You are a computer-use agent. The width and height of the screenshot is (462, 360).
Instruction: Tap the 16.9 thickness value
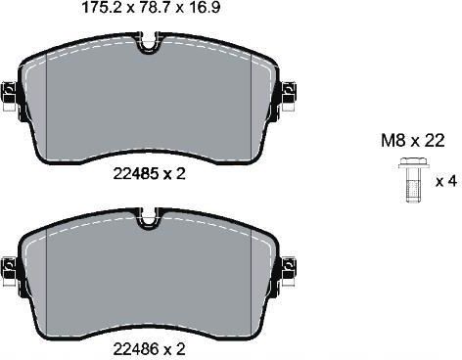tap(203, 8)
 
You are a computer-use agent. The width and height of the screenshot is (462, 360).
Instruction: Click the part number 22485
tap(135, 173)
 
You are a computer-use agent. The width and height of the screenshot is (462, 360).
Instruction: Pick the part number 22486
tap(135, 349)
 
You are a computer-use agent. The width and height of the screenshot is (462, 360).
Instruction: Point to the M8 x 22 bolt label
tap(413, 141)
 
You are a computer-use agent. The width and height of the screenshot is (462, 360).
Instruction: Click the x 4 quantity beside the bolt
tap(446, 181)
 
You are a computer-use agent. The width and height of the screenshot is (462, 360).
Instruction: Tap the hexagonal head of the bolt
tap(414, 163)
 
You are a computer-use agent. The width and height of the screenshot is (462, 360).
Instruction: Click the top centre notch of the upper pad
tap(149, 43)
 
